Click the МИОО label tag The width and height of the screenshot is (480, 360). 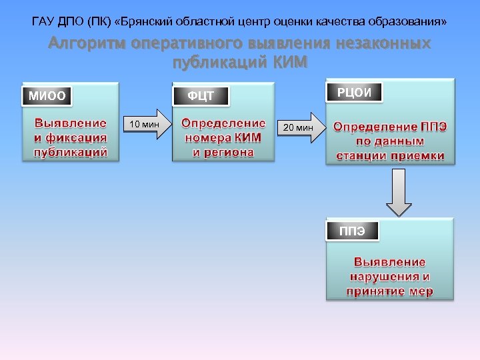coord(47,96)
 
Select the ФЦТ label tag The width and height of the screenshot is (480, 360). coord(201,96)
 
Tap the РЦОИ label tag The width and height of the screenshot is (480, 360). coord(355,92)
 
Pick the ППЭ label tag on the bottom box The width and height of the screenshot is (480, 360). coord(352,231)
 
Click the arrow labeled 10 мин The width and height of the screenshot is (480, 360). coord(146,124)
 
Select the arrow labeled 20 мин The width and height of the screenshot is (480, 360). coord(301,127)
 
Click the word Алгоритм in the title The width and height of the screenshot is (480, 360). coord(88,45)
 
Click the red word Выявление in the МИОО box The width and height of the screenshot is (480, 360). coord(70,123)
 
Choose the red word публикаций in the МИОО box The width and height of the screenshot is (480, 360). coord(71,152)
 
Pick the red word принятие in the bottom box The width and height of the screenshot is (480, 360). coord(373,291)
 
